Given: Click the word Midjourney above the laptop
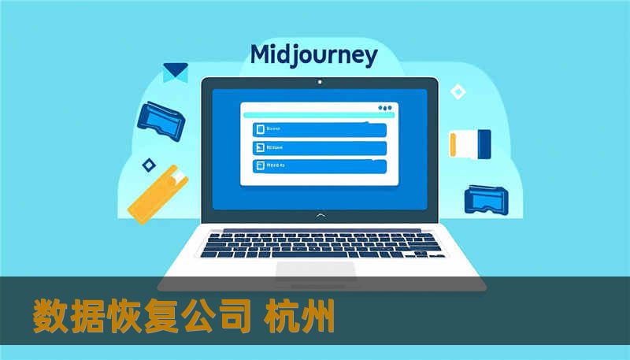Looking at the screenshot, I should tap(313, 56).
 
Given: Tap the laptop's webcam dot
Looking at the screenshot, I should tap(319, 81).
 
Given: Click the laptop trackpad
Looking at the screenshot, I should tap(316, 271).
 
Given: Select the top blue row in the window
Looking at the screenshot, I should tap(319, 129).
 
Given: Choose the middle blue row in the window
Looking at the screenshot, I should tap(319, 147).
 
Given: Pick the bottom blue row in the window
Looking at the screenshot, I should tap(319, 165).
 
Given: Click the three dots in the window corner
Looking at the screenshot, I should tap(384, 108).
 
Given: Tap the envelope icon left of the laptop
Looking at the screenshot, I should tap(175, 72).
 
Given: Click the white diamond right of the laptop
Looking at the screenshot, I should tap(458, 92).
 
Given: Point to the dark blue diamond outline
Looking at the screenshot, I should tap(147, 165).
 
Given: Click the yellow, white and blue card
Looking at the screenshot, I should tap(470, 143).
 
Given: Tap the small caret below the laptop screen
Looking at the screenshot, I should tap(319, 214).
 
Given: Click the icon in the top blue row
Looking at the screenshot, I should tap(258, 129).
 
